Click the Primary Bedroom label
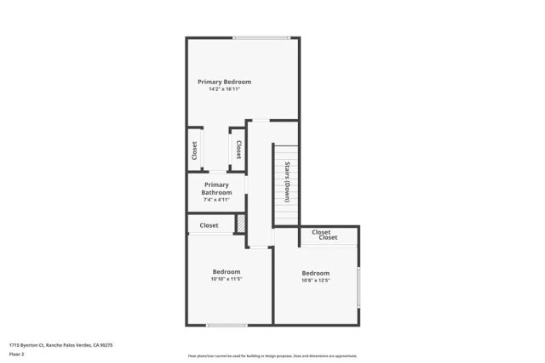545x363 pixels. coord(224,82)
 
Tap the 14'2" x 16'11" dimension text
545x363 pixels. coord(224,89)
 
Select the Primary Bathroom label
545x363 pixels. coord(216,189)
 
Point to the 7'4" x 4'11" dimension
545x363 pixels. coord(216,201)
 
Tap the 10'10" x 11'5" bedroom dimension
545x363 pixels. coord(227,279)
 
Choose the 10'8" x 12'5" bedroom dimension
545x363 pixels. coord(315,280)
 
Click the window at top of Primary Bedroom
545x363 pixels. coord(261,37)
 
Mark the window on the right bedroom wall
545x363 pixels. coord(359,286)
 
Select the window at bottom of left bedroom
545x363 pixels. coord(227,325)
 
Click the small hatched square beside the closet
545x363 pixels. coord(241,222)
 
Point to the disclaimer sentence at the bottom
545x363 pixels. coord(272,356)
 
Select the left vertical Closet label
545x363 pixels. coord(195,150)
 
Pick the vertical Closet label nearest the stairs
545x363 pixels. coord(238,150)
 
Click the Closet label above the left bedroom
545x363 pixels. coord(209,225)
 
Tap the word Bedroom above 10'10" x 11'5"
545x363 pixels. coord(227,271)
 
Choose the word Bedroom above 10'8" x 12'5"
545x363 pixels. coord(315,272)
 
